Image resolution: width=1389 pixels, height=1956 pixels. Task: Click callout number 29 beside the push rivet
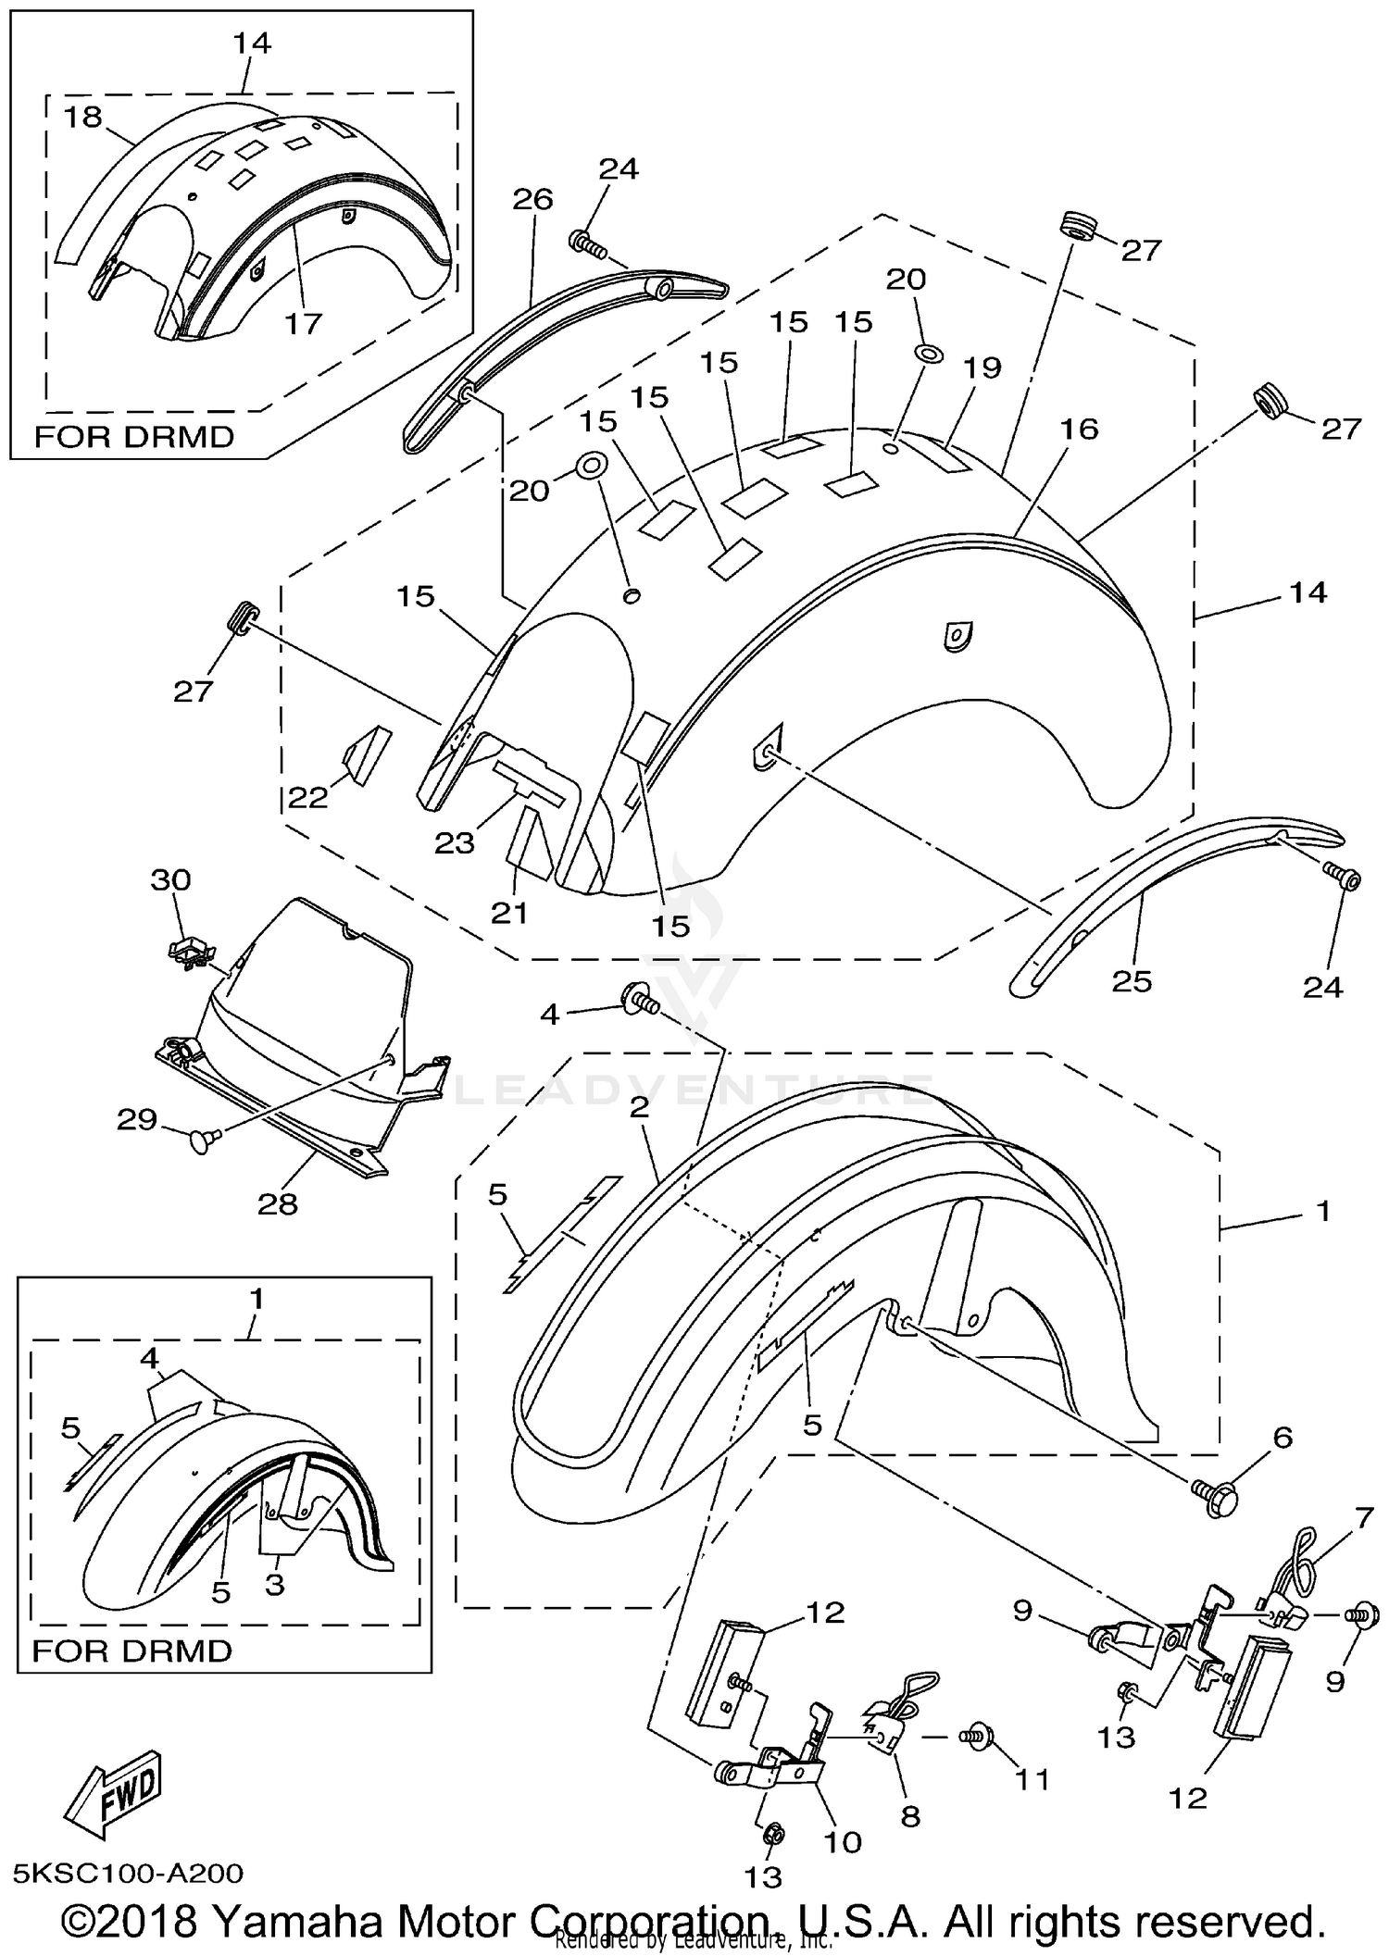coord(136,1120)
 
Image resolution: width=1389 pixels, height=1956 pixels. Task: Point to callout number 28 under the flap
coord(278,1203)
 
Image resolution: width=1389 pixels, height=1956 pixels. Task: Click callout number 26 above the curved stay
coord(532,199)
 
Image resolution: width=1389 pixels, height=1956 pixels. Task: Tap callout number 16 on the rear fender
coord(1079,429)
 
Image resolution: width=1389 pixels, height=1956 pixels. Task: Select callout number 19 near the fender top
coord(982,368)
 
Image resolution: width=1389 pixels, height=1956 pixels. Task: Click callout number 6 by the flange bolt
coord(1283,1438)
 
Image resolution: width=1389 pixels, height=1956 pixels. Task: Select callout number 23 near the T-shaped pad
coord(455,842)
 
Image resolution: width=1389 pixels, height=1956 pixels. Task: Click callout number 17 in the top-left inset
coord(303,323)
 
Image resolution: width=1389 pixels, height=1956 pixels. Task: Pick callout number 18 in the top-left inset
coord(83,118)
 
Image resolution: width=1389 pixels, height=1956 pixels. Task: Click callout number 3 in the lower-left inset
coord(275,1584)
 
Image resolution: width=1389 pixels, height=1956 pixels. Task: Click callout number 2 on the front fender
coord(639,1108)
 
